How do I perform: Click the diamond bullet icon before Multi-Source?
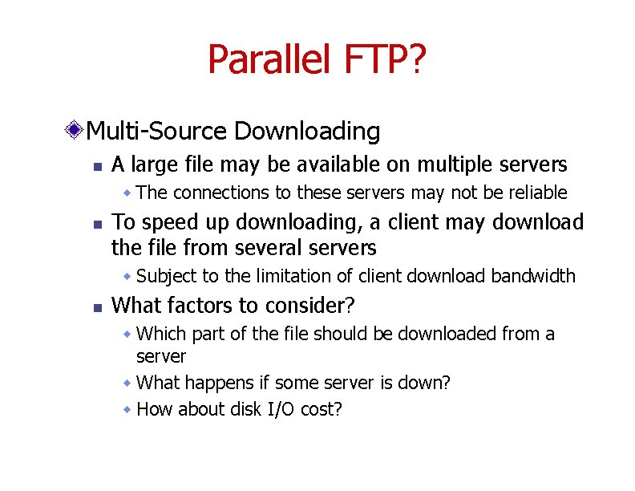point(75,130)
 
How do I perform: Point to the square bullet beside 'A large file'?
point(95,167)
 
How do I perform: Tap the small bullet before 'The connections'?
point(127,193)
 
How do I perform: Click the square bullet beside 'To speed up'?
point(95,223)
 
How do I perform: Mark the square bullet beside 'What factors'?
point(95,307)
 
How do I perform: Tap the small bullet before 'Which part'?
point(127,334)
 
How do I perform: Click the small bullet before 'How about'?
point(127,409)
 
